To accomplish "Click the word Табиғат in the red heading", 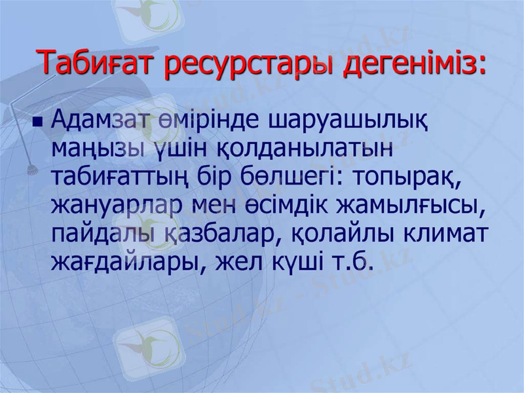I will tap(96, 62).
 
